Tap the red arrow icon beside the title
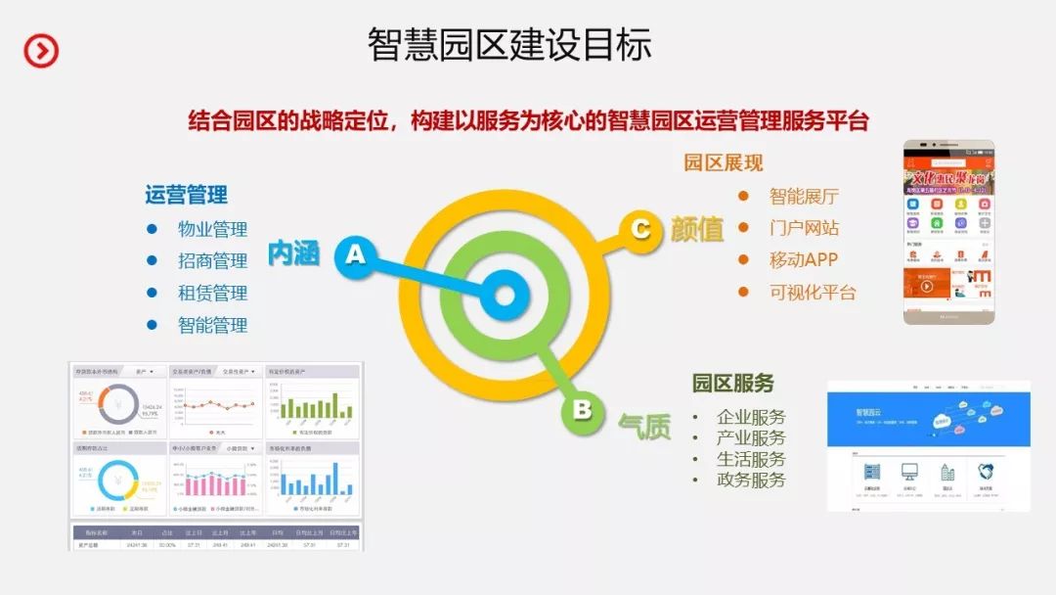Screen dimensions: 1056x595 (x=41, y=50)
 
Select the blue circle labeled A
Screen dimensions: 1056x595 (x=355, y=254)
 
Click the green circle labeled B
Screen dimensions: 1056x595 (x=582, y=409)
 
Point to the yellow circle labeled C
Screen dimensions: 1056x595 (x=640, y=229)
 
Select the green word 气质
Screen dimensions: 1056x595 (x=644, y=426)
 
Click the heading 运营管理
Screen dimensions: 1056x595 (x=186, y=195)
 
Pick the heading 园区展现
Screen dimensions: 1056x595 (x=724, y=162)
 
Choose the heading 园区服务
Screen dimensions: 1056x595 (x=733, y=383)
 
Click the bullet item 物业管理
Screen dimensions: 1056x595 (x=212, y=229)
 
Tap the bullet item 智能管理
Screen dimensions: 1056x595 (x=212, y=325)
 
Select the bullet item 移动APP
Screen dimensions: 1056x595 (x=804, y=260)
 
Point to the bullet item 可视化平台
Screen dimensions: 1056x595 (x=813, y=292)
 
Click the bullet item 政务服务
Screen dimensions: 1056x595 (x=751, y=480)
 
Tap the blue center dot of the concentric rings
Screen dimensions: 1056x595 (x=505, y=296)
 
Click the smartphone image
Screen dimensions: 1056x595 (x=947, y=232)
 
